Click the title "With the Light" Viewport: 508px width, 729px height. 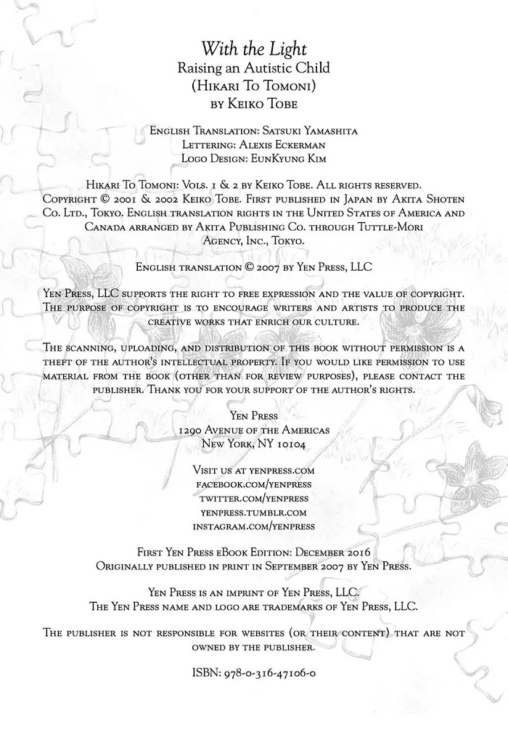254,49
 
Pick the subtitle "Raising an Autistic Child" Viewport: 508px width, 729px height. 254,68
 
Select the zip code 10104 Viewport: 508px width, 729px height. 297,444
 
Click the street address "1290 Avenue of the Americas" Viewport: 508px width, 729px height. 254,430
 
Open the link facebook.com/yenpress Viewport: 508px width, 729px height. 254,484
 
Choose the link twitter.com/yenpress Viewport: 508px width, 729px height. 254,498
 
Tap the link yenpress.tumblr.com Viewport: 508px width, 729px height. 254,512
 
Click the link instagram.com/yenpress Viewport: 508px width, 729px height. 254,526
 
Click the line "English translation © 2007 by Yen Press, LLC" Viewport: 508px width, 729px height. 254,266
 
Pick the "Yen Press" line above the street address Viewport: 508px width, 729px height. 254,416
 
